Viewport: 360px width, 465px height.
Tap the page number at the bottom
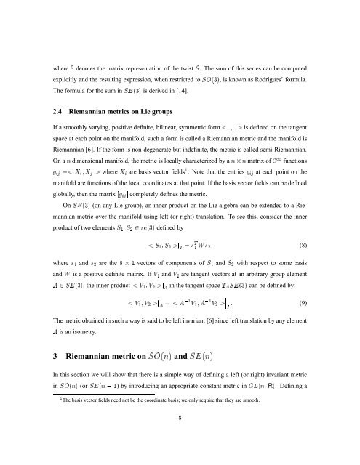(x=180, y=440)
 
